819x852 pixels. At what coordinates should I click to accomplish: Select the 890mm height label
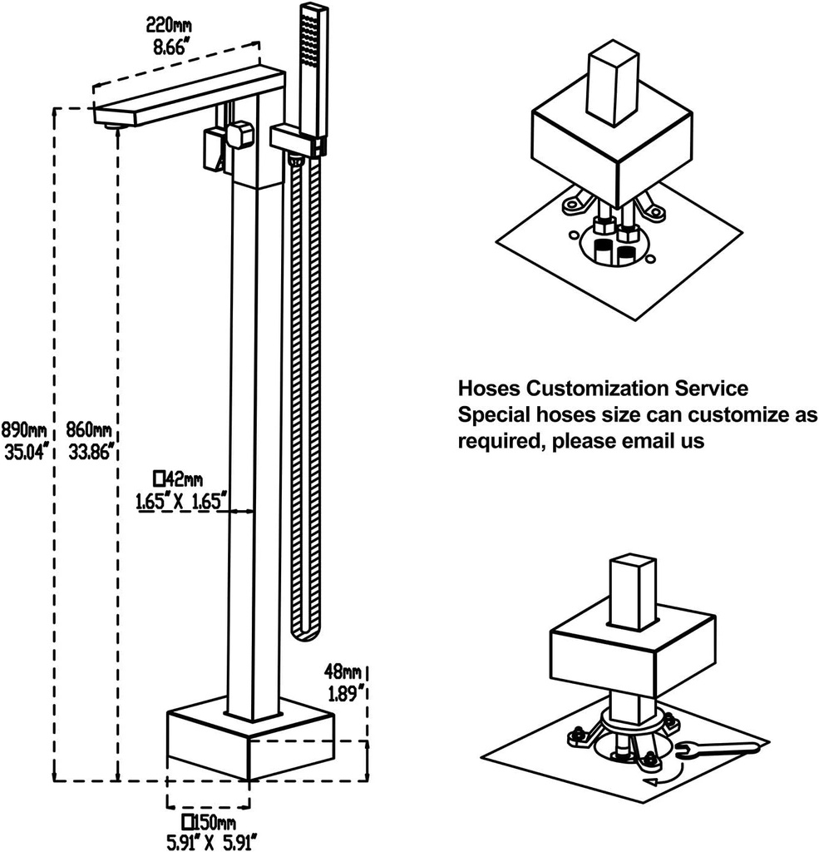(x=24, y=430)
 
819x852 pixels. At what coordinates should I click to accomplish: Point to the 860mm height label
(x=88, y=430)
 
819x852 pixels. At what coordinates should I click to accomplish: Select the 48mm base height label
(x=343, y=671)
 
